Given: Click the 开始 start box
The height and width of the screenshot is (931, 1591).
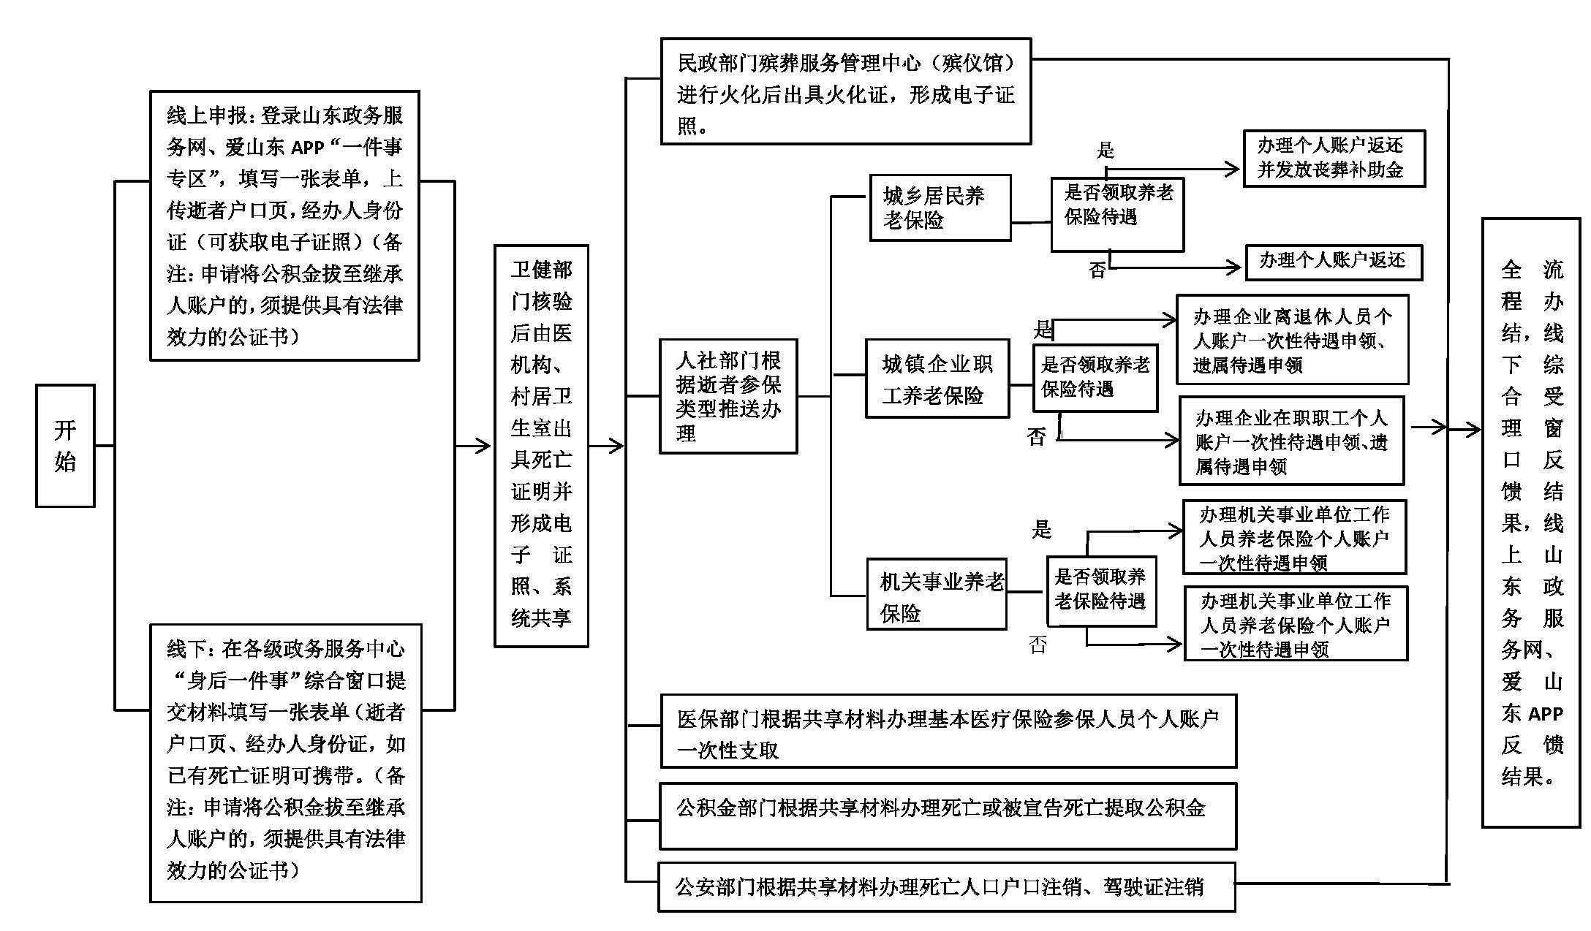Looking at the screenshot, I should click(x=65, y=445).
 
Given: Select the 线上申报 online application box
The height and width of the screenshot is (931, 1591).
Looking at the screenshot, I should click(x=284, y=225).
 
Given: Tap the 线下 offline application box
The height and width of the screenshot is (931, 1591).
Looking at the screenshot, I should click(x=285, y=762).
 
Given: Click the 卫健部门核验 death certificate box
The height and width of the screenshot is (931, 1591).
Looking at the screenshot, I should click(x=541, y=445).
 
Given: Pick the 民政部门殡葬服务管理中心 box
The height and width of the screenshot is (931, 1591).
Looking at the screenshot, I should click(x=845, y=91).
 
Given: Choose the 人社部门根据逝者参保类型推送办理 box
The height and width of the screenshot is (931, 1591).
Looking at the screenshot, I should click(x=728, y=396).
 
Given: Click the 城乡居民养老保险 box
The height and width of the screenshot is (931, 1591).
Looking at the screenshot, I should click(x=940, y=208).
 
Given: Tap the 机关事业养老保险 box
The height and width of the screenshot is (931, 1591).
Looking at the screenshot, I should click(x=937, y=594).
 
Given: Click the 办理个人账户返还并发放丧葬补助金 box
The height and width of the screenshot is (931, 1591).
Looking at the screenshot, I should click(x=1334, y=158).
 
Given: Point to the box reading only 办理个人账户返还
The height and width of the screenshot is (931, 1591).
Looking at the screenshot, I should click(x=1333, y=262).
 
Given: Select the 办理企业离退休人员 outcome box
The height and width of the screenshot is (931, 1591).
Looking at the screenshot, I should click(x=1292, y=340).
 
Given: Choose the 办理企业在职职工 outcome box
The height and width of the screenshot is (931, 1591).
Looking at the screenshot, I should click(x=1291, y=441).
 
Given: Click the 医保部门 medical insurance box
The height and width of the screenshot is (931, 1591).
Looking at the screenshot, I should click(x=948, y=731).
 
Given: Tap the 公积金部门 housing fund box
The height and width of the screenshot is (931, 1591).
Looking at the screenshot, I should click(x=948, y=816).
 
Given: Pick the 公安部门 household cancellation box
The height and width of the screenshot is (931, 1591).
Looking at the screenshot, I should click(x=946, y=886).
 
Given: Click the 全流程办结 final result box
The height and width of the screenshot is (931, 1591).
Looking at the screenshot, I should click(x=1531, y=522).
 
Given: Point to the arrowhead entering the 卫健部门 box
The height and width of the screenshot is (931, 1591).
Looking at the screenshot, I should click(x=483, y=445).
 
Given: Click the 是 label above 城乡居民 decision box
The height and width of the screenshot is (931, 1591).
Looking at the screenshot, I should click(x=1105, y=151).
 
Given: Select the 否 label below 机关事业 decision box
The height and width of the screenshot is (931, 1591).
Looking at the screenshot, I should click(x=1038, y=645).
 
